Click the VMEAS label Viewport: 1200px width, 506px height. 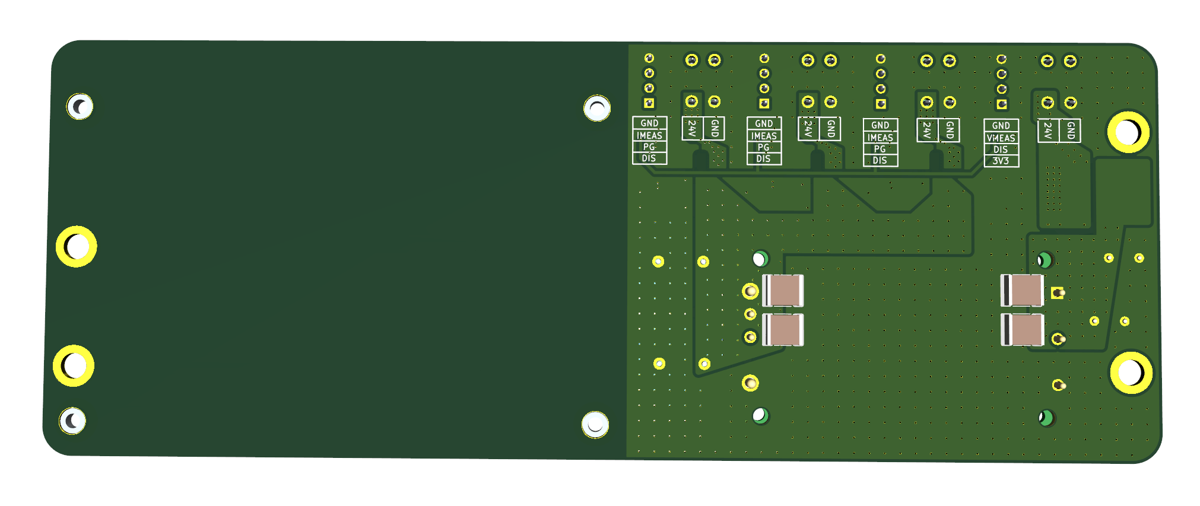pos(1001,138)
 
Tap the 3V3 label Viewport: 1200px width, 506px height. pos(1001,161)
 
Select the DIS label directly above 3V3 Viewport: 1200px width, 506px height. pos(1001,149)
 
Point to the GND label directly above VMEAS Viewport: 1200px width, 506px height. pos(1001,126)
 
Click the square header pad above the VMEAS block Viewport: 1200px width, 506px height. pos(1002,104)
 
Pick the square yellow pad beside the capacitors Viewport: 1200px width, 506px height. pos(1058,292)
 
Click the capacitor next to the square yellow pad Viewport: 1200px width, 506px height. pos(1022,290)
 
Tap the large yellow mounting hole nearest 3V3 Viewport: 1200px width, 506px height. pos(1128,132)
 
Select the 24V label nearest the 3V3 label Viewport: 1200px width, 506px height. pos(1047,131)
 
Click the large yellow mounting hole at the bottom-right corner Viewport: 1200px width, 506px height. pos(1131,373)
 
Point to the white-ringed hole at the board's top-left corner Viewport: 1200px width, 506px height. pos(80,107)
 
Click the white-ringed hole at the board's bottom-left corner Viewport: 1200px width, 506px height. pos(72,421)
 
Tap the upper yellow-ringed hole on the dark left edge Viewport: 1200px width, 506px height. pos(77,246)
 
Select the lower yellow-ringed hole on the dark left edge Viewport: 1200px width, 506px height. pos(74,365)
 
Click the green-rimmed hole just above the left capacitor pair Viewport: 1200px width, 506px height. pos(760,259)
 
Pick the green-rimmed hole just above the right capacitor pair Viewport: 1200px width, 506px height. pos(1045,260)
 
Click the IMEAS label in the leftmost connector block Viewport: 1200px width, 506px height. pos(649,135)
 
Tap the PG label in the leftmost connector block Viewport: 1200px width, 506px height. pos(649,147)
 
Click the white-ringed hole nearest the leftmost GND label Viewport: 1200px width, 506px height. pos(597,109)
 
